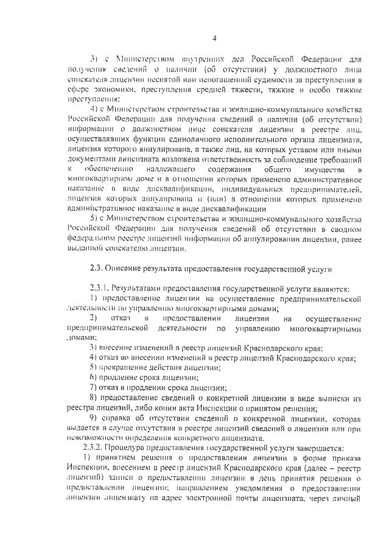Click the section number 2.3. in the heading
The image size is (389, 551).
pos(96,268)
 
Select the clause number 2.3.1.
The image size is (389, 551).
pos(99,287)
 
